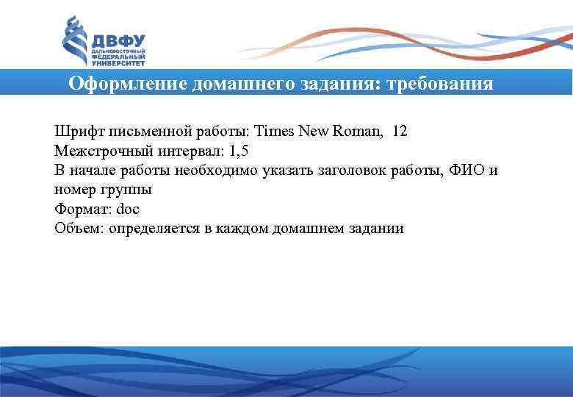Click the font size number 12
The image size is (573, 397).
[400, 132]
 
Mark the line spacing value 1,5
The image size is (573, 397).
[240, 151]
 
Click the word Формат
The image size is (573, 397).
[79, 209]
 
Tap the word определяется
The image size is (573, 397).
[156, 228]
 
